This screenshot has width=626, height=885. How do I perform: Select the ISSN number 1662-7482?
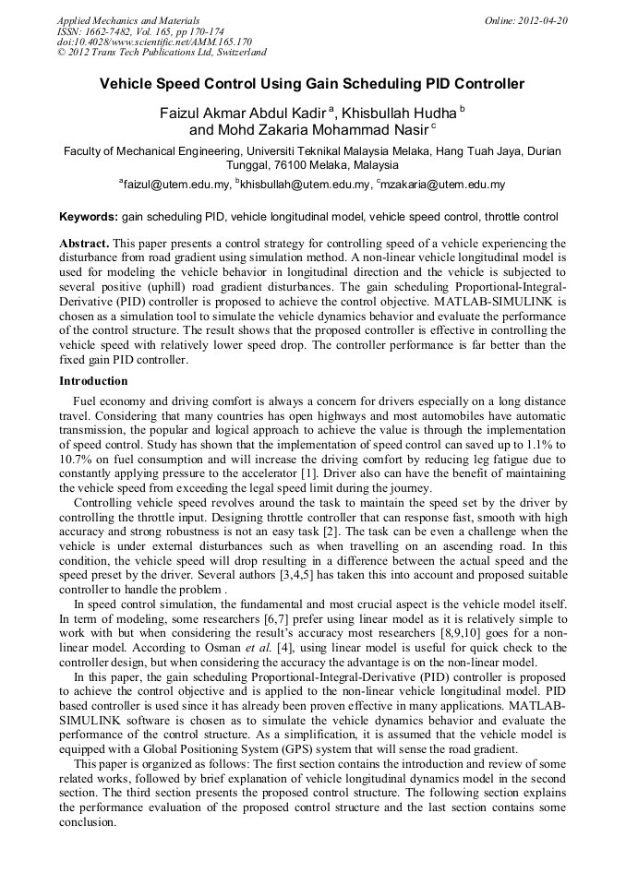click(106, 31)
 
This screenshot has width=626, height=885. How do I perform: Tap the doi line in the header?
click(154, 42)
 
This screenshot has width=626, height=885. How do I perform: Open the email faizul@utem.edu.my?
click(175, 185)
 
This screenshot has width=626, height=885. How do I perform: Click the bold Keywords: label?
click(88, 218)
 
